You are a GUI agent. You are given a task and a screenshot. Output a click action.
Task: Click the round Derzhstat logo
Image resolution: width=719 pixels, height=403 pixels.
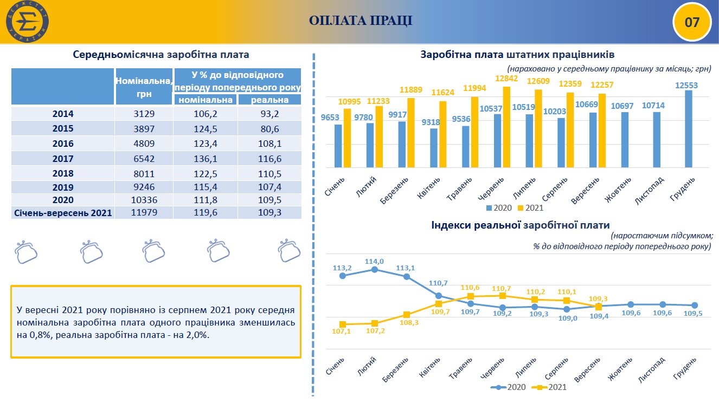tap(27, 23)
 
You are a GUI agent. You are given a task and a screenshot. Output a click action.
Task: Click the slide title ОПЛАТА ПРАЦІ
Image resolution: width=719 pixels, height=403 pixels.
tap(361, 21)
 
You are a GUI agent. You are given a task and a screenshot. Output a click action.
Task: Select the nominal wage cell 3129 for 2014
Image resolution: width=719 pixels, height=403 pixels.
tap(144, 114)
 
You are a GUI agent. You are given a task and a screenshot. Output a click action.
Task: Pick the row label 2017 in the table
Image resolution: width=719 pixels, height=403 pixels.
tap(63, 158)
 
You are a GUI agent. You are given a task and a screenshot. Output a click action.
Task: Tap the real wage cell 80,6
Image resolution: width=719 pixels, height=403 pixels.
tap(269, 129)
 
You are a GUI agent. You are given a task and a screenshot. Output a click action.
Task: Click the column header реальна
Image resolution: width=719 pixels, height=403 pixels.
tap(269, 100)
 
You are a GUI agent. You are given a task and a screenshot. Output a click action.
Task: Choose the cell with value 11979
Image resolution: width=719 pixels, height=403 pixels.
tap(144, 213)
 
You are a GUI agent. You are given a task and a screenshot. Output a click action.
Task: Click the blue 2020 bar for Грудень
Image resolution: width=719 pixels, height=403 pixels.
tap(689, 129)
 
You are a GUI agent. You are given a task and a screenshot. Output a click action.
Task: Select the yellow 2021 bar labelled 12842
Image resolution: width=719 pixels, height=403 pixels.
tap(506, 127)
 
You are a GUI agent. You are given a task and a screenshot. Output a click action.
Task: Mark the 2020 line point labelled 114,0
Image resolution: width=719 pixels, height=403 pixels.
tap(375, 269)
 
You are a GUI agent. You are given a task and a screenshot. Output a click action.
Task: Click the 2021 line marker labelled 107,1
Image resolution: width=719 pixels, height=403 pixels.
tap(343, 324)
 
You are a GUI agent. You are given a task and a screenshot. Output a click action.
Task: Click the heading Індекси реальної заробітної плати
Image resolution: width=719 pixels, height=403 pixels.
tap(520, 225)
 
